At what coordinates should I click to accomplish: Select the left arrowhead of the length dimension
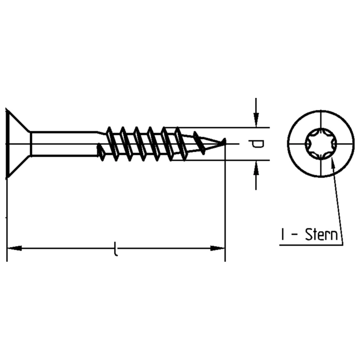click(14, 248)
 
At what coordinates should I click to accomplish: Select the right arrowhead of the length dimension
click(217, 248)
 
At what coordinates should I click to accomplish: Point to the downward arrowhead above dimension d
click(256, 119)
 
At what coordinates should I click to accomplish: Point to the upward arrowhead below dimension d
click(256, 169)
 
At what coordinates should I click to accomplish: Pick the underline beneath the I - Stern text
click(310, 245)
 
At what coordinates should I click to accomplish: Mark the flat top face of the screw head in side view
click(6, 144)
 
